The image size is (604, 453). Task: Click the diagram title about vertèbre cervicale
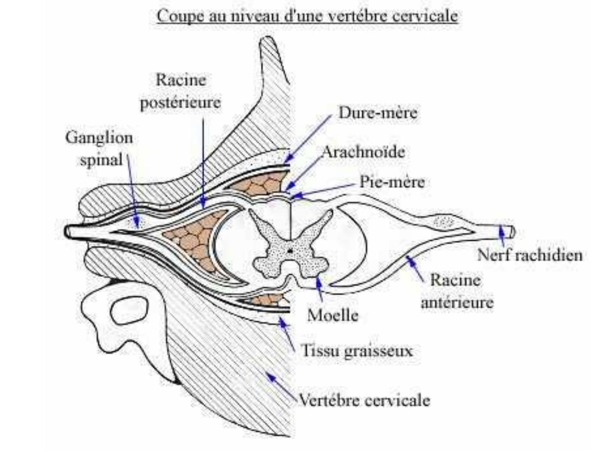[x=307, y=16]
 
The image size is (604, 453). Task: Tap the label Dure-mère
[x=377, y=112]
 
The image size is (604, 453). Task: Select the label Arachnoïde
[x=363, y=151]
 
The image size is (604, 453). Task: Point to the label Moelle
[x=333, y=315]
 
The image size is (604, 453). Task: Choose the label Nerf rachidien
[x=530, y=255]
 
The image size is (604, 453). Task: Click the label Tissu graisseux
[x=357, y=350]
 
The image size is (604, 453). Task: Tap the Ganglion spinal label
[x=99, y=148]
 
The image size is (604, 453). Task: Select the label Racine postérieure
[x=180, y=91]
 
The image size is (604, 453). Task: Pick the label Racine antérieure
[x=456, y=291]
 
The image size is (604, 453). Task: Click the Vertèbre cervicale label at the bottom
[x=364, y=400]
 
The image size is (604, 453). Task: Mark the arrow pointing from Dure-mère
[x=309, y=138]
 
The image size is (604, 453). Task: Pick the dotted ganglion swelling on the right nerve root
[x=443, y=221]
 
